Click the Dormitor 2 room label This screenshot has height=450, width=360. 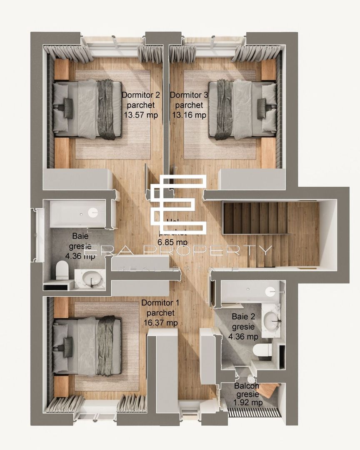(140, 95)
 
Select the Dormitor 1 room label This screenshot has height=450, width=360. (159, 303)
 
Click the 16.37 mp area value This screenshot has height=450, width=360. (159, 322)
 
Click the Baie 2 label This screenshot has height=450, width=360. (243, 317)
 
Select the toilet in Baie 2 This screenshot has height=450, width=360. (262, 350)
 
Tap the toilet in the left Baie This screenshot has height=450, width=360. (62, 270)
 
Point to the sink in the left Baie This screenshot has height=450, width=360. (89, 278)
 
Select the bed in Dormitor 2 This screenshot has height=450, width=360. (87, 109)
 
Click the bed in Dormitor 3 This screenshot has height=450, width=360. (242, 109)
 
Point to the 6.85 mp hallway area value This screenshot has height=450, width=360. (172, 242)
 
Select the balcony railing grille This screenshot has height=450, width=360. (255, 412)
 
